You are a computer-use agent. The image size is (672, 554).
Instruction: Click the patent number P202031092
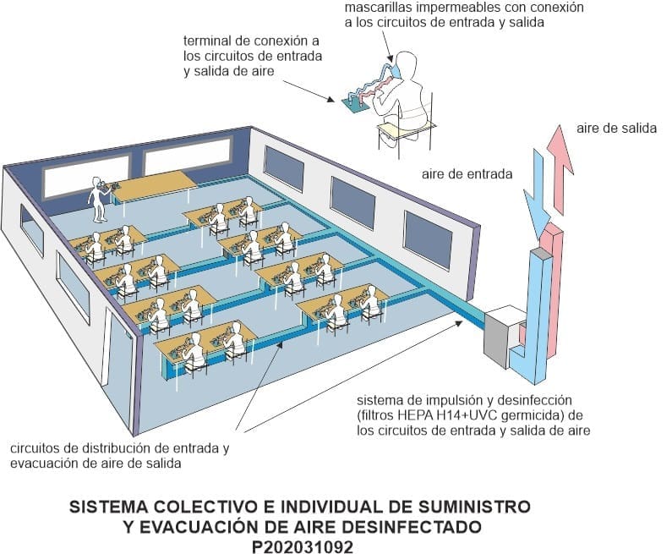pos(301,546)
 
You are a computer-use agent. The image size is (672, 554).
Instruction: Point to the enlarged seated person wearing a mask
pos(403,85)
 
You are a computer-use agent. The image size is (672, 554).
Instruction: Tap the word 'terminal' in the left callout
pos(206,40)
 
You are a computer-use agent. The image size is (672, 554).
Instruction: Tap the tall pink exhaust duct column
pos(555,288)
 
